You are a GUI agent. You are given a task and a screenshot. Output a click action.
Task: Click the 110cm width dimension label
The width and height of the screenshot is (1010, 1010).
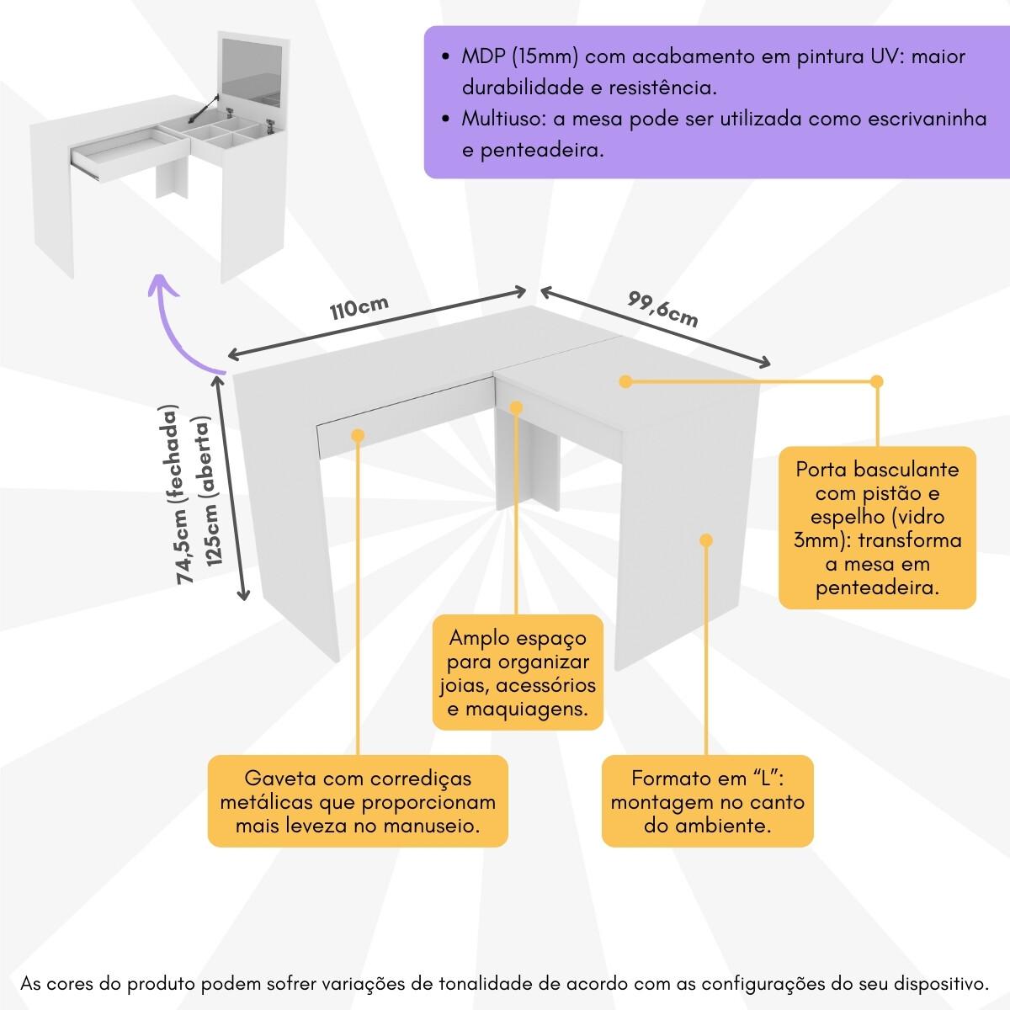(x=359, y=307)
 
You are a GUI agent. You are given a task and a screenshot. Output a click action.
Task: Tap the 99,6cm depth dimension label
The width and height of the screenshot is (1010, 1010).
(x=663, y=309)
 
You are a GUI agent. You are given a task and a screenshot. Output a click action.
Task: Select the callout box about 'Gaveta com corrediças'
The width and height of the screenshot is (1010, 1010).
(x=358, y=801)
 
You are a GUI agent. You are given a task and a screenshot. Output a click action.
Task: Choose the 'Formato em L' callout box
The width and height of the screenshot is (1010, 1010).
(x=707, y=801)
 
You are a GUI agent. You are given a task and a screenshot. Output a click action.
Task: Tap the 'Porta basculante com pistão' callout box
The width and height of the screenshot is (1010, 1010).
(x=877, y=528)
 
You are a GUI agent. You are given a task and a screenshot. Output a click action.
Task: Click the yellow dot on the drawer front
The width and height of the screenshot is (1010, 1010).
(x=357, y=436)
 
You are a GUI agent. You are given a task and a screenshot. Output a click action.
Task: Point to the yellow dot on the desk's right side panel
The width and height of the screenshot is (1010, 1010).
(x=706, y=540)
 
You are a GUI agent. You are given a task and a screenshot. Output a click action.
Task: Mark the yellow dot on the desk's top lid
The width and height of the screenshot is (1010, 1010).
(x=625, y=382)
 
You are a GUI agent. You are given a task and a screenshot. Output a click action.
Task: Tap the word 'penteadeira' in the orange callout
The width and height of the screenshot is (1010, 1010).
(x=877, y=587)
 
